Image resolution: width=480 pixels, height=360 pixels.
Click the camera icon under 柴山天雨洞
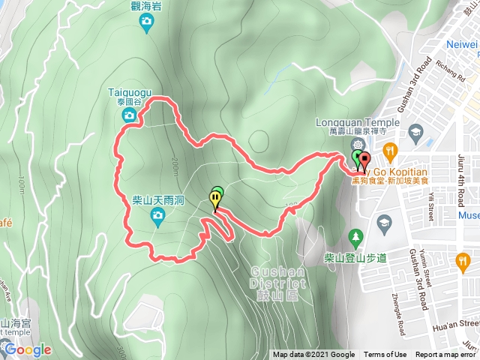[x=158, y=217]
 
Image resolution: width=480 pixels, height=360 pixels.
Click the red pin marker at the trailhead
[x=365, y=160]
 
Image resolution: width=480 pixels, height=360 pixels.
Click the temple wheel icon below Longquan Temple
[x=358, y=143]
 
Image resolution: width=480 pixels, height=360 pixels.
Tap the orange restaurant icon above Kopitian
[x=391, y=150]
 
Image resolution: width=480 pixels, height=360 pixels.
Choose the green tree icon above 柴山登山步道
[x=355, y=239]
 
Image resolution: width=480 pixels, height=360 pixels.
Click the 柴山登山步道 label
[x=355, y=258]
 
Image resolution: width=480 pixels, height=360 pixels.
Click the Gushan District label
[x=278, y=278]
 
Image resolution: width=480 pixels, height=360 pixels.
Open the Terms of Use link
[x=385, y=355]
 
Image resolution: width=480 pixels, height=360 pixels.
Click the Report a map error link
[x=445, y=355]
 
